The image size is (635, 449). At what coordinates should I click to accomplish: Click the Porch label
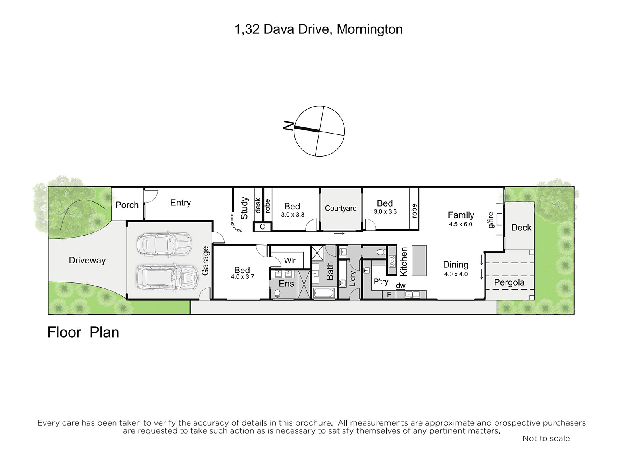pyautogui.click(x=127, y=205)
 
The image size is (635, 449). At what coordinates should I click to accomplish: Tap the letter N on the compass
pyautogui.click(x=288, y=125)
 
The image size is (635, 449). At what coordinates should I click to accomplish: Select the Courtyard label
pyautogui.click(x=341, y=208)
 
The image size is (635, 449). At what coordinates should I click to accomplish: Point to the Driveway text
pyautogui.click(x=87, y=260)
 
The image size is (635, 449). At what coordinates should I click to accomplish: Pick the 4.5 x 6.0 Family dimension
pyautogui.click(x=460, y=224)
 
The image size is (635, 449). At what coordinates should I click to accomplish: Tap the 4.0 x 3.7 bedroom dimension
pyautogui.click(x=242, y=277)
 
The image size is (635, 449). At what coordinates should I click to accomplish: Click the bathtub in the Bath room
pyautogui.click(x=324, y=293)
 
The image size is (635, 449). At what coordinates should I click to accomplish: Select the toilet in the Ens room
pyautogui.click(x=277, y=294)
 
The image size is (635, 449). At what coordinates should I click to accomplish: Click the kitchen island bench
pyautogui.click(x=419, y=260)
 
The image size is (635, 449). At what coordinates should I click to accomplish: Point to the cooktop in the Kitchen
pyautogui.click(x=393, y=261)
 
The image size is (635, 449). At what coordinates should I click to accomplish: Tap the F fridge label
pyautogui.click(x=389, y=294)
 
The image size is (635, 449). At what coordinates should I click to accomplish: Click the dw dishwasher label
pyautogui.click(x=400, y=286)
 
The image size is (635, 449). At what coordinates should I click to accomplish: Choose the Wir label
pyautogui.click(x=290, y=261)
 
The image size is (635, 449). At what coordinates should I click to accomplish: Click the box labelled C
pyautogui.click(x=262, y=227)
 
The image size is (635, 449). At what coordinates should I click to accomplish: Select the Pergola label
pyautogui.click(x=509, y=282)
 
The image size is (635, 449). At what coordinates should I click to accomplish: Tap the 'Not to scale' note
pyautogui.click(x=546, y=439)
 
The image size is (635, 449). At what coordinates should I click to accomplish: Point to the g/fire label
pyautogui.click(x=491, y=220)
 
